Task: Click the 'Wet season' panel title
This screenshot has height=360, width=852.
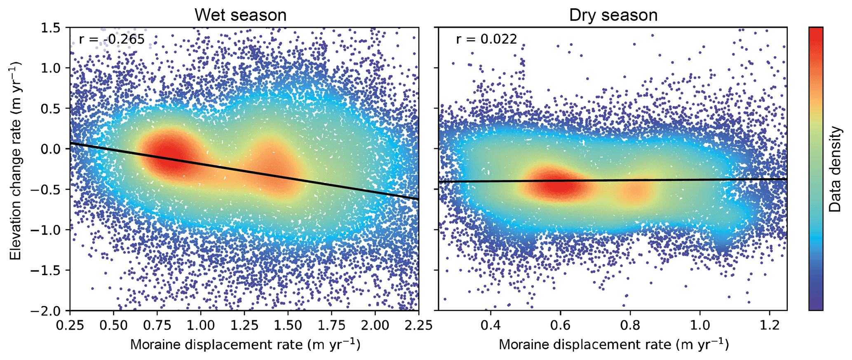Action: [x=240, y=15]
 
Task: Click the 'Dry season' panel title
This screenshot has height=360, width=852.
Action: [x=613, y=15]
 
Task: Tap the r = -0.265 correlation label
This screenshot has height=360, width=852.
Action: [x=112, y=40]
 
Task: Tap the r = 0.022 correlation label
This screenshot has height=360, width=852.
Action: [x=486, y=40]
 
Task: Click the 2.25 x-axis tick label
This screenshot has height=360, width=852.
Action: [x=418, y=325]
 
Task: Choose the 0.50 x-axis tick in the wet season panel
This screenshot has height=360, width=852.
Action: [x=113, y=325]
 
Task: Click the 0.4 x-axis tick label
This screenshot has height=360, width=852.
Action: [x=491, y=325]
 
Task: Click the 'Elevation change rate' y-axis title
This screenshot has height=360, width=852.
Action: [x=16, y=161]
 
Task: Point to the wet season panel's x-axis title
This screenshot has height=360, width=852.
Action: [x=245, y=344]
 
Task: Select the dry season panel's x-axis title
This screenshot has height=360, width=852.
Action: [x=613, y=344]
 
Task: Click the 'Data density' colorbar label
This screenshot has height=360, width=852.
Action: [x=835, y=169]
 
